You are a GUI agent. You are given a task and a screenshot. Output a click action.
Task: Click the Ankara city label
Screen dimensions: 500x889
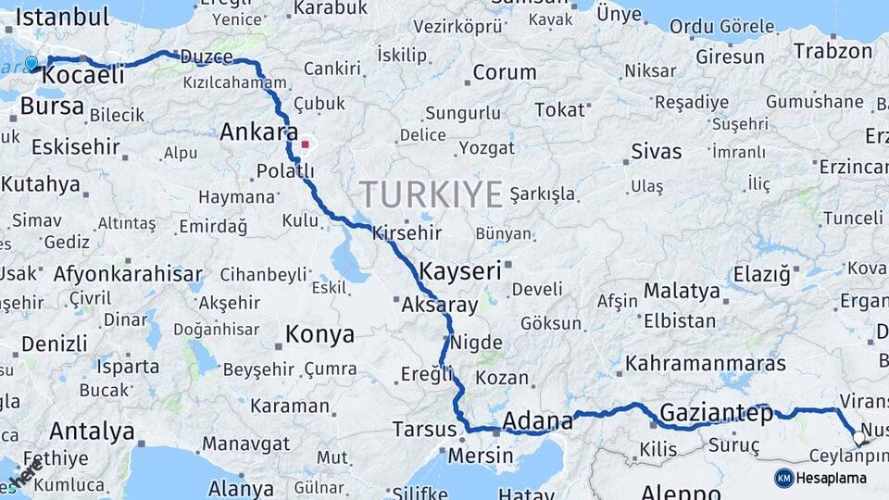[258, 132]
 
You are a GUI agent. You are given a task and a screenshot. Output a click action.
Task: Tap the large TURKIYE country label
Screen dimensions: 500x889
[431, 194]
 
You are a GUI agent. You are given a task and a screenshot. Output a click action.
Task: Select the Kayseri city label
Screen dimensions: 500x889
[460, 271]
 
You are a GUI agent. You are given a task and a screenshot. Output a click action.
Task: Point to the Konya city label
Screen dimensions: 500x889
[319, 334]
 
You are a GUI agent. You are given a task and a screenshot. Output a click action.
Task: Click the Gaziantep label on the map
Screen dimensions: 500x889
[716, 414]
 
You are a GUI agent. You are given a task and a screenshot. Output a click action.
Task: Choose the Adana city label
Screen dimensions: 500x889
[537, 422]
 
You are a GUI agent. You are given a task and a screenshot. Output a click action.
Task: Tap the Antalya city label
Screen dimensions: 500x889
[92, 431]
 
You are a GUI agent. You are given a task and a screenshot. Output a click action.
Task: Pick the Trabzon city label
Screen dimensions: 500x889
[833, 51]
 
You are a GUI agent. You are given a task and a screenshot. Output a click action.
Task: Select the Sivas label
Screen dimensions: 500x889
[656, 151]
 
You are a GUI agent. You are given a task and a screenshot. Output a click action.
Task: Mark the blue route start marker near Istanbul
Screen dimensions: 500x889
[31, 64]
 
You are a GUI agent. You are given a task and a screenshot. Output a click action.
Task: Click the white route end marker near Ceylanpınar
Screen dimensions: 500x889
[858, 439]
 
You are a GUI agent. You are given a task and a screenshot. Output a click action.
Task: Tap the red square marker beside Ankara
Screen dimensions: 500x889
[305, 144]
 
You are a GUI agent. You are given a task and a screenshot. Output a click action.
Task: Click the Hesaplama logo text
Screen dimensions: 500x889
[832, 478]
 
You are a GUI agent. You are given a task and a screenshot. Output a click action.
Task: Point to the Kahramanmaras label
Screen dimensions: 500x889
[706, 363]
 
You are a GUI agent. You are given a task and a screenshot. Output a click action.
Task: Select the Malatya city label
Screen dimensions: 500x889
[682, 291]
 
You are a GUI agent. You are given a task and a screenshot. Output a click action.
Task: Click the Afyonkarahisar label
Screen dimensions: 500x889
[128, 274]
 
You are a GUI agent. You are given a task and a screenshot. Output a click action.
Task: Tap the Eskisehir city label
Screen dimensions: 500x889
[76, 147]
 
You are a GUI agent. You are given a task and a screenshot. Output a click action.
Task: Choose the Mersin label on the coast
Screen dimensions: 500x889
[480, 456]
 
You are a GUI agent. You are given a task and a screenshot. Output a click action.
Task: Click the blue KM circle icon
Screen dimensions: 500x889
[784, 478]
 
